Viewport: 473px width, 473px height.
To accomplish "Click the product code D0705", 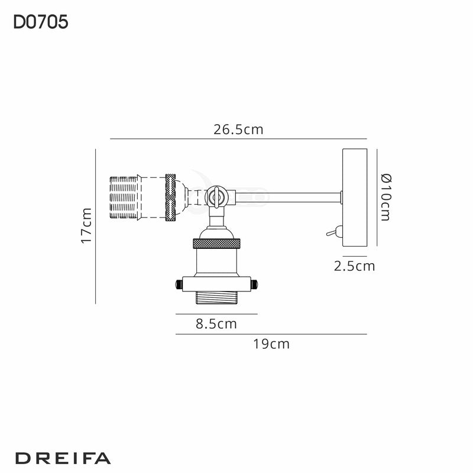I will coord(40,22).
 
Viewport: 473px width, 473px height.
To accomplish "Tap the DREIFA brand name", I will coord(62,458).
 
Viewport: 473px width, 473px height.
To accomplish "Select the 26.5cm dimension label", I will coord(238,130).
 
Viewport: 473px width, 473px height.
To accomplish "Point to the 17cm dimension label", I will coord(86,226).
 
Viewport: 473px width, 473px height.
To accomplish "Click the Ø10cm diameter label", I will coord(385,197).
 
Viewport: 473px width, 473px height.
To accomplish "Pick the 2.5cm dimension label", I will coord(354,266).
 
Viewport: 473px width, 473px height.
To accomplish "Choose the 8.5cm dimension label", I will coord(216,323).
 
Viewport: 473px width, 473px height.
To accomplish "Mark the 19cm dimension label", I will coord(271,344).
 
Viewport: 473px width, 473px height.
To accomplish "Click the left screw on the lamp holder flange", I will coord(176,285).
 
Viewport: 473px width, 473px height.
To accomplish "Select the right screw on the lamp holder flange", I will coord(255,285).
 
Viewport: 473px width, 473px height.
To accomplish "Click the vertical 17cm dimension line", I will coord(96,226).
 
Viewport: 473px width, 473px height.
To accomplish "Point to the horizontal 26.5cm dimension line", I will coord(238,140).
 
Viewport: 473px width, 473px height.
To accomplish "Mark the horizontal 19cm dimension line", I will coord(271,334).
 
